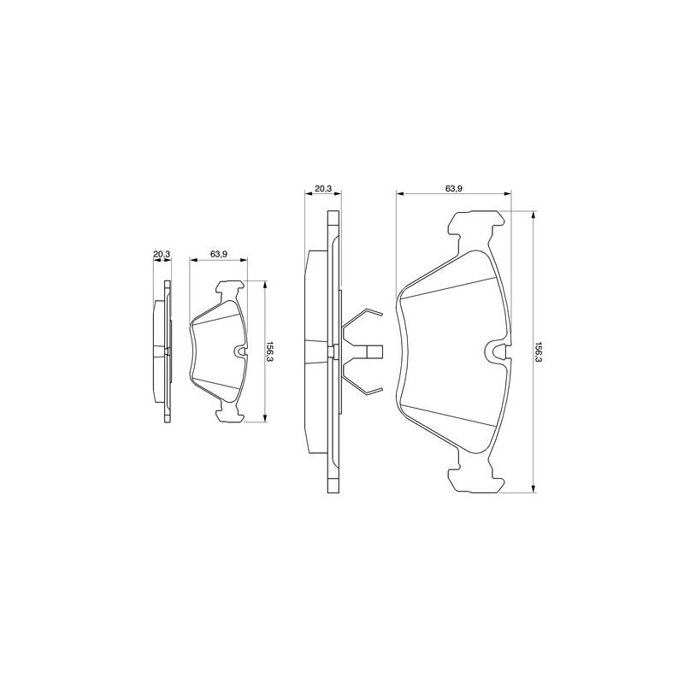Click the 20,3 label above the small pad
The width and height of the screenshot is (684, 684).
[x=162, y=253]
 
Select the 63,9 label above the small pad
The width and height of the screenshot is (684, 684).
[x=218, y=253]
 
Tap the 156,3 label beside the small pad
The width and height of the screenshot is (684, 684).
[x=269, y=351]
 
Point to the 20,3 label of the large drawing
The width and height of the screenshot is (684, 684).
[x=323, y=188]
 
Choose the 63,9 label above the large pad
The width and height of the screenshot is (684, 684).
[x=454, y=188]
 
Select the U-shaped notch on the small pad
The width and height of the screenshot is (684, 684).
[x=240, y=351]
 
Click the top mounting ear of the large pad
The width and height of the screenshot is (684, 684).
[x=475, y=225]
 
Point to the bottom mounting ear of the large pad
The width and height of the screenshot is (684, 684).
[x=475, y=479]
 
